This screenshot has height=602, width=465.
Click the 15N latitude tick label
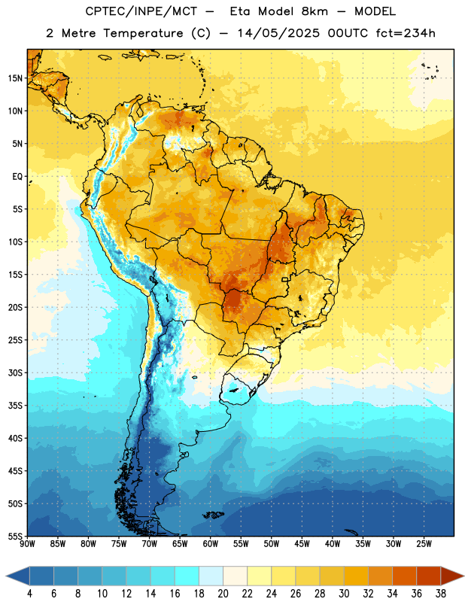pyautogui.click(x=15, y=78)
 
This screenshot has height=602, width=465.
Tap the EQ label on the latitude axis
pyautogui.click(x=17, y=177)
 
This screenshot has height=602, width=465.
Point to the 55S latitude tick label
pyautogui.click(x=15, y=536)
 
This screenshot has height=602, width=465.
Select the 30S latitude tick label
pyautogui.click(x=15, y=372)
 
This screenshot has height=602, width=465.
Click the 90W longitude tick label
pyautogui.click(x=27, y=543)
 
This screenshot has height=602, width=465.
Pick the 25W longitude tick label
pyautogui.click(x=424, y=543)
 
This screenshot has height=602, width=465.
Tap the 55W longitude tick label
pyautogui.click(x=241, y=543)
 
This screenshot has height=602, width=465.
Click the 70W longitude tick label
pyautogui.click(x=150, y=543)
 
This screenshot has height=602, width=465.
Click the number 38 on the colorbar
pyautogui.click(x=441, y=594)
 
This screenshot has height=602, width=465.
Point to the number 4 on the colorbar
pyautogui.click(x=29, y=594)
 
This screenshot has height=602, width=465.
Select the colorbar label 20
pyautogui.click(x=223, y=594)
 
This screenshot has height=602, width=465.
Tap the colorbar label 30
pyautogui.click(x=344, y=594)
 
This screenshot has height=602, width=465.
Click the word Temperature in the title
pyautogui.click(x=143, y=33)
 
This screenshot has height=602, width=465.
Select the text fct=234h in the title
pyautogui.click(x=406, y=33)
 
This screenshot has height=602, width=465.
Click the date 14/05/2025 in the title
pyautogui.click(x=278, y=33)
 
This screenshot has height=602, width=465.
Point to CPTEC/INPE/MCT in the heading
pyautogui.click(x=141, y=11)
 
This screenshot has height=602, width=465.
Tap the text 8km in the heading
pyautogui.click(x=315, y=11)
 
